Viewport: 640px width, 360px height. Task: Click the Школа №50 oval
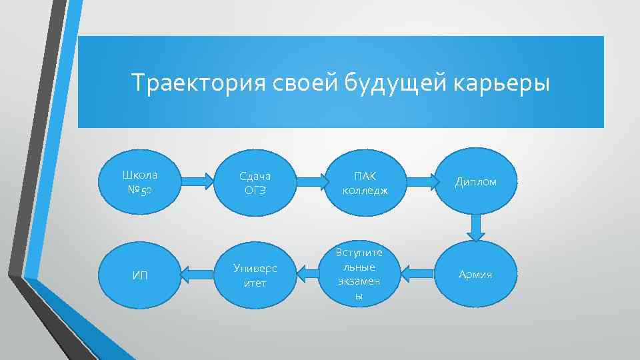point(140,181)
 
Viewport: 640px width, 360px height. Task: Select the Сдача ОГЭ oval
point(254,182)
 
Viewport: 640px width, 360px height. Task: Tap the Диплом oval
point(475,182)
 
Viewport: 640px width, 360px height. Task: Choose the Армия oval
point(475,274)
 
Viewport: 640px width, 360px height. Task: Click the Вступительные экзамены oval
point(359,274)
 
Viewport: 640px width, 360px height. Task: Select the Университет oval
point(254,274)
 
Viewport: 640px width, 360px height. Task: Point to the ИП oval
point(140,274)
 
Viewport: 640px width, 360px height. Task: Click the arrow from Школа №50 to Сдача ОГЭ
point(197,181)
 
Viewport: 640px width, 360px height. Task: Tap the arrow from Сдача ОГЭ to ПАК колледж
point(309,181)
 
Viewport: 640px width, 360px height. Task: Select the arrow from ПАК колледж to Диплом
point(421,181)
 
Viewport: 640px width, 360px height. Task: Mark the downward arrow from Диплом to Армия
point(475,227)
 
